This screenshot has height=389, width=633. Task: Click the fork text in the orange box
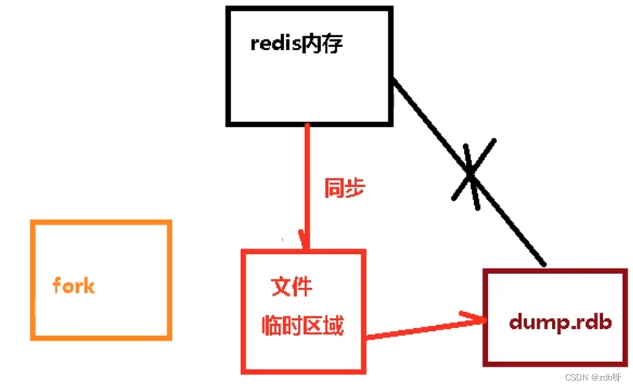[x=73, y=286]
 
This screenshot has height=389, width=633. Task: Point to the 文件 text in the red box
[x=293, y=286]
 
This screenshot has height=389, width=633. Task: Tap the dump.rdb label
[x=560, y=322]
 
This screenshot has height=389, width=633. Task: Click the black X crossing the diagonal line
[x=472, y=174]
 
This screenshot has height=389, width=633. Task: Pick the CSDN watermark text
[x=577, y=377]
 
